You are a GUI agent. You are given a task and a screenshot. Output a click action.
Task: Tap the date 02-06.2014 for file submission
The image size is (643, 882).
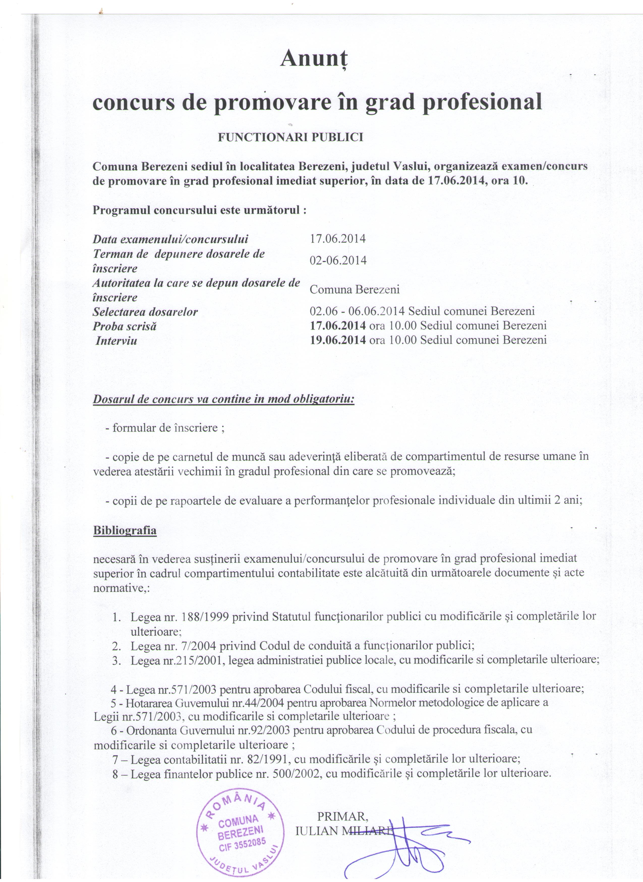tap(338, 260)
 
